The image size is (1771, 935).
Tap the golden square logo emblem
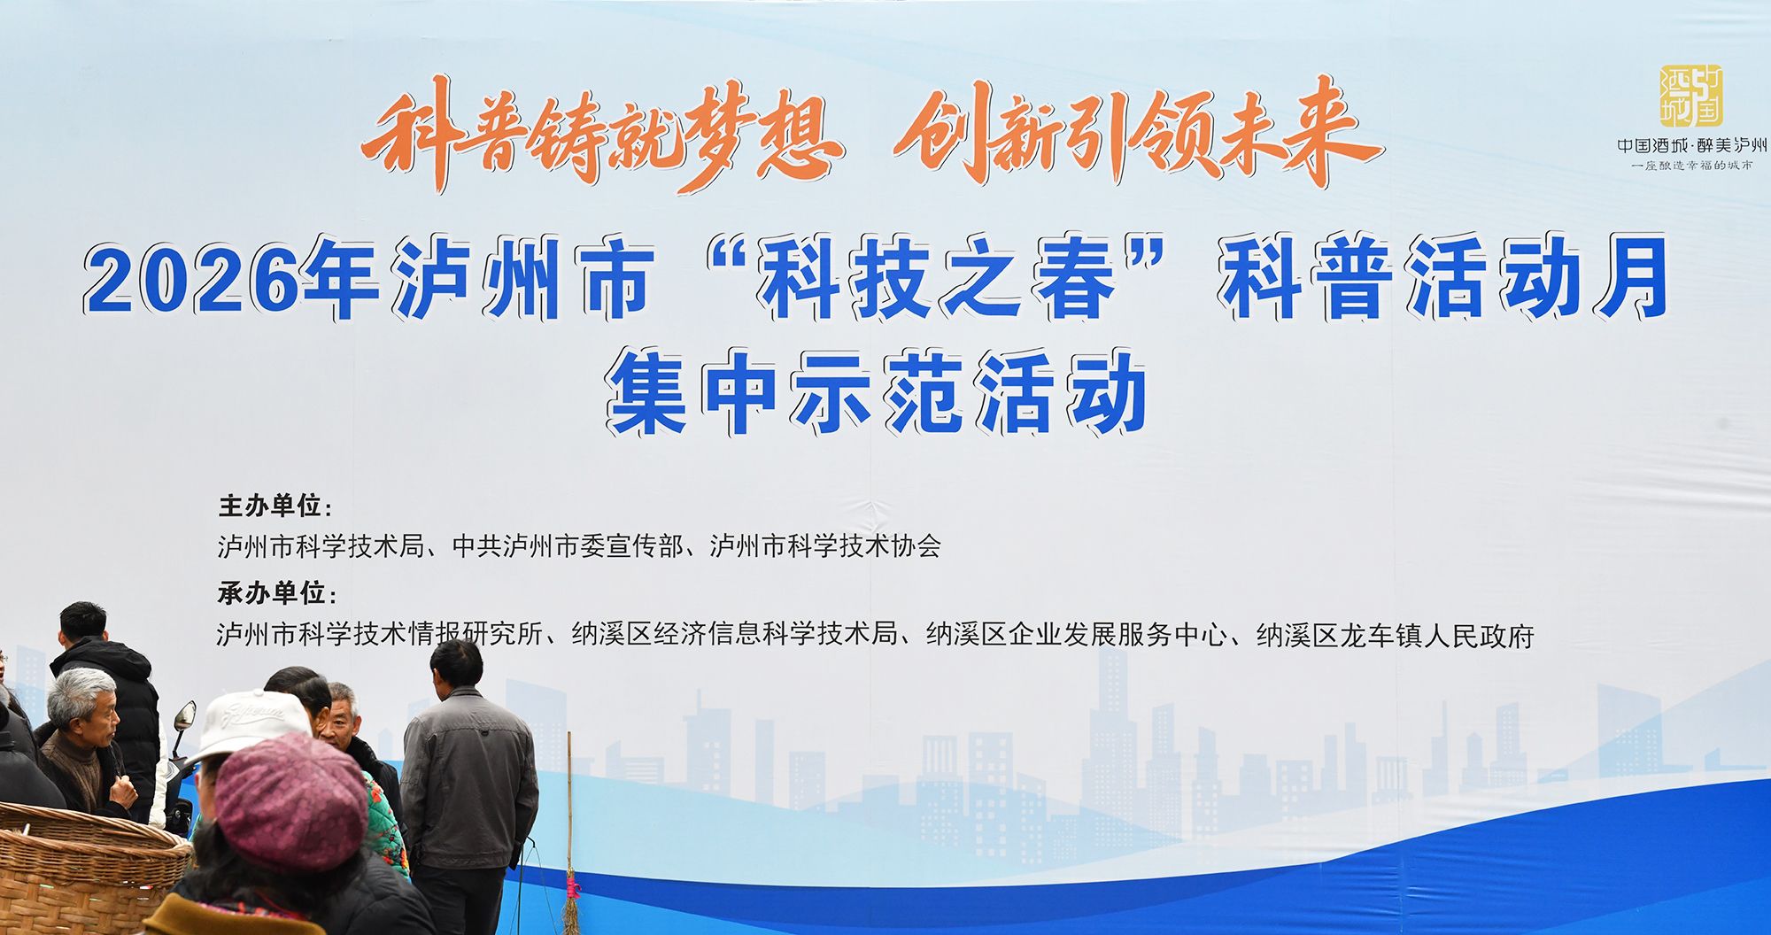[x=1690, y=96]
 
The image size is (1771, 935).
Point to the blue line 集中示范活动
[x=876, y=392]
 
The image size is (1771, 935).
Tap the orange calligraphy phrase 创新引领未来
[x=1138, y=133]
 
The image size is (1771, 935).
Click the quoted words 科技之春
[x=939, y=279]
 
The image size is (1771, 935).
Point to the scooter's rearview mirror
[x=184, y=715]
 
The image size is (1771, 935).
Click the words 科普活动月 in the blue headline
[x=1444, y=277]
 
